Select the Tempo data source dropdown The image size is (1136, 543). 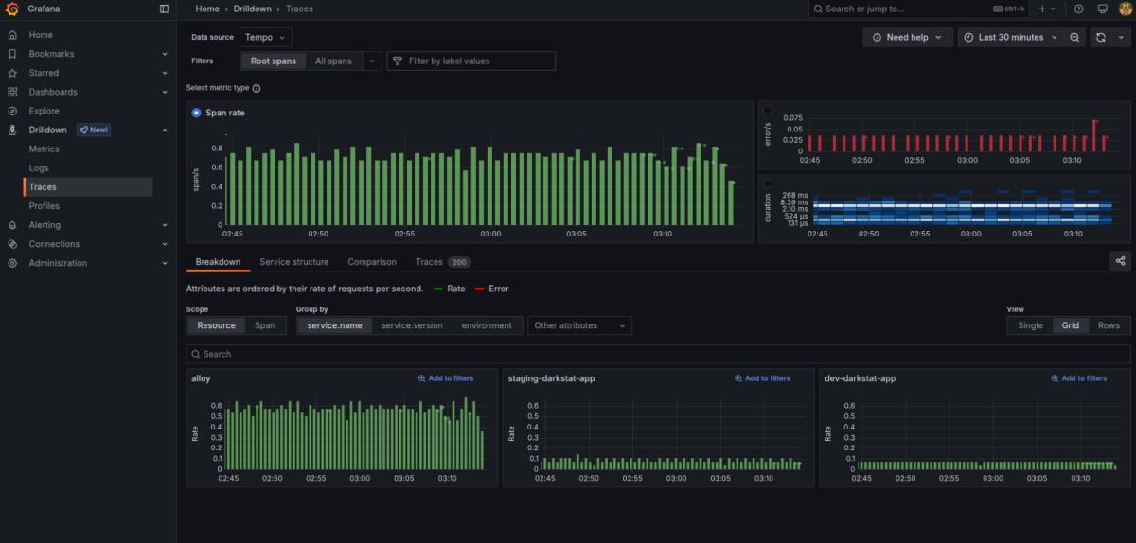[265, 38]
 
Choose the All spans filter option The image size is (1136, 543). [333, 61]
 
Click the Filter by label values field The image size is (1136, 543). [470, 61]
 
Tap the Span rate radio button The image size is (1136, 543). [196, 113]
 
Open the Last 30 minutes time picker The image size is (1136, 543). [1011, 38]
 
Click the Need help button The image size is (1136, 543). [907, 38]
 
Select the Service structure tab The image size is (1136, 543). [294, 262]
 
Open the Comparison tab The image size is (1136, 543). [372, 262]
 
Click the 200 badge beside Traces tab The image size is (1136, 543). [459, 262]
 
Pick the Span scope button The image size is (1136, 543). [265, 325]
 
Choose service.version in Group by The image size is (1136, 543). [412, 325]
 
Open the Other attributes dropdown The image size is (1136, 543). [579, 325]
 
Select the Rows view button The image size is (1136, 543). [1109, 325]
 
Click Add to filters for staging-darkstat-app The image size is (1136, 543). [762, 378]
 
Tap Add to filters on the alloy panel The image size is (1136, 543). [446, 378]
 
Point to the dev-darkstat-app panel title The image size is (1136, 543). [861, 378]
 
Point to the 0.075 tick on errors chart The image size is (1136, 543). [792, 118]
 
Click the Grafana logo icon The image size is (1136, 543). [11, 9]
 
